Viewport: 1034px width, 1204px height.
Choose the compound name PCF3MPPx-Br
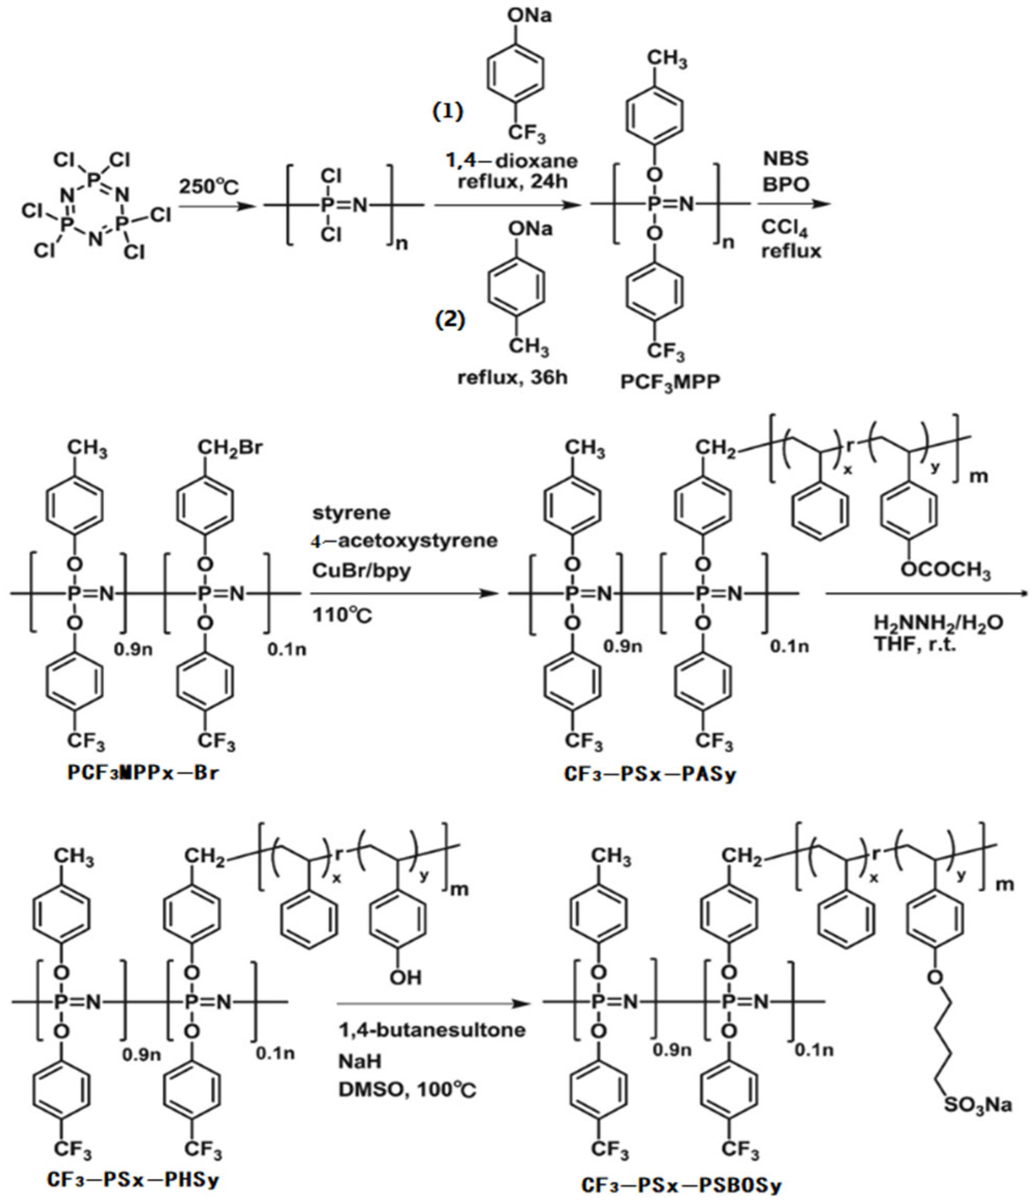pyautogui.click(x=143, y=774)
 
